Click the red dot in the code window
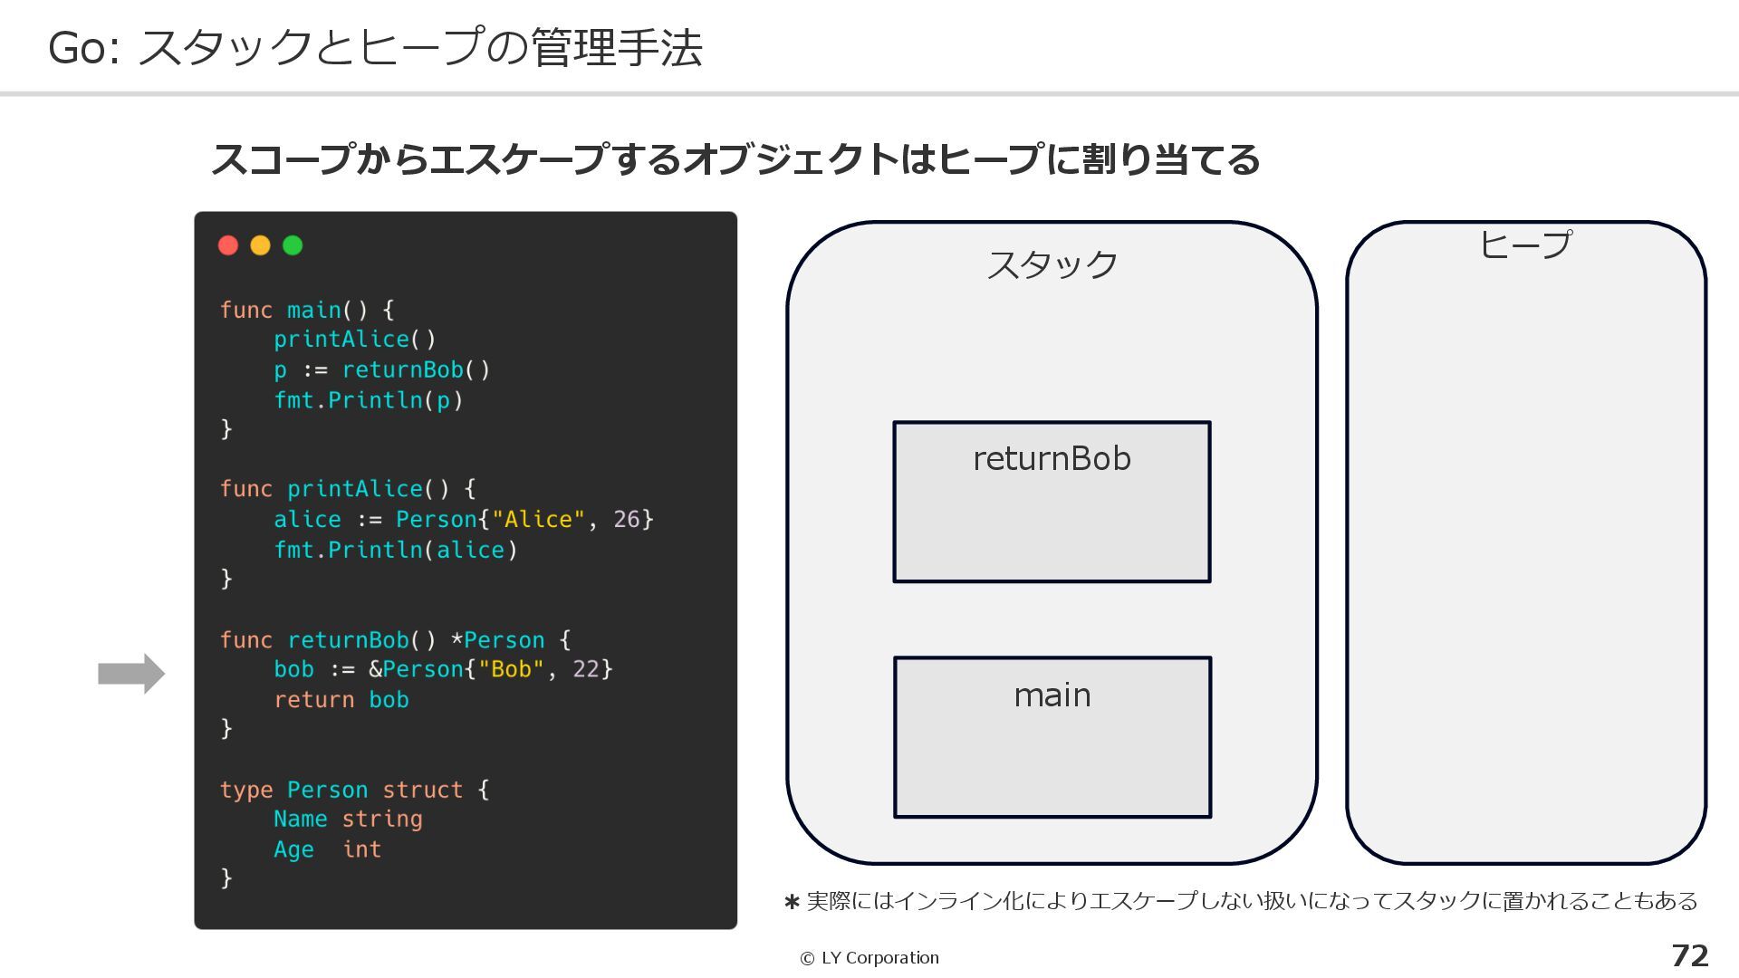tap(228, 245)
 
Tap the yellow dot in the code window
tap(260, 245)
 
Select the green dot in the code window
tap(293, 245)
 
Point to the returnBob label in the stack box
tap(1052, 459)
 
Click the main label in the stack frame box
tap(1052, 695)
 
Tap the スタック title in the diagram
tap(1052, 265)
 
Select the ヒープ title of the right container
tap(1525, 244)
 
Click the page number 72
tap(1689, 955)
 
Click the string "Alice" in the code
tap(538, 520)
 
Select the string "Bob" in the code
tap(511, 669)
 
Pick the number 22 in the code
tap(586, 669)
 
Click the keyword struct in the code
tap(422, 790)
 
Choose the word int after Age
tap(361, 849)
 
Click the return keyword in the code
tap(313, 700)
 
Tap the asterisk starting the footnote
tap(792, 902)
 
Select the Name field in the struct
tap(300, 820)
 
